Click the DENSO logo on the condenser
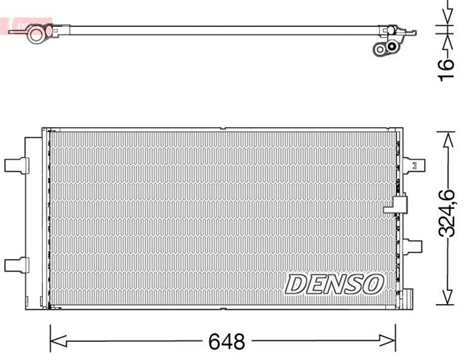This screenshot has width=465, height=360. point(333,285)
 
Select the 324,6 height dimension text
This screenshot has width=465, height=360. point(448,213)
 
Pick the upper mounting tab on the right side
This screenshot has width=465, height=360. point(414,164)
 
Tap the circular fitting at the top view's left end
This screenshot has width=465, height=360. point(35,35)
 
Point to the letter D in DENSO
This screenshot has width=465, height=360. point(294,285)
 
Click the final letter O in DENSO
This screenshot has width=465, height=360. point(371,285)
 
